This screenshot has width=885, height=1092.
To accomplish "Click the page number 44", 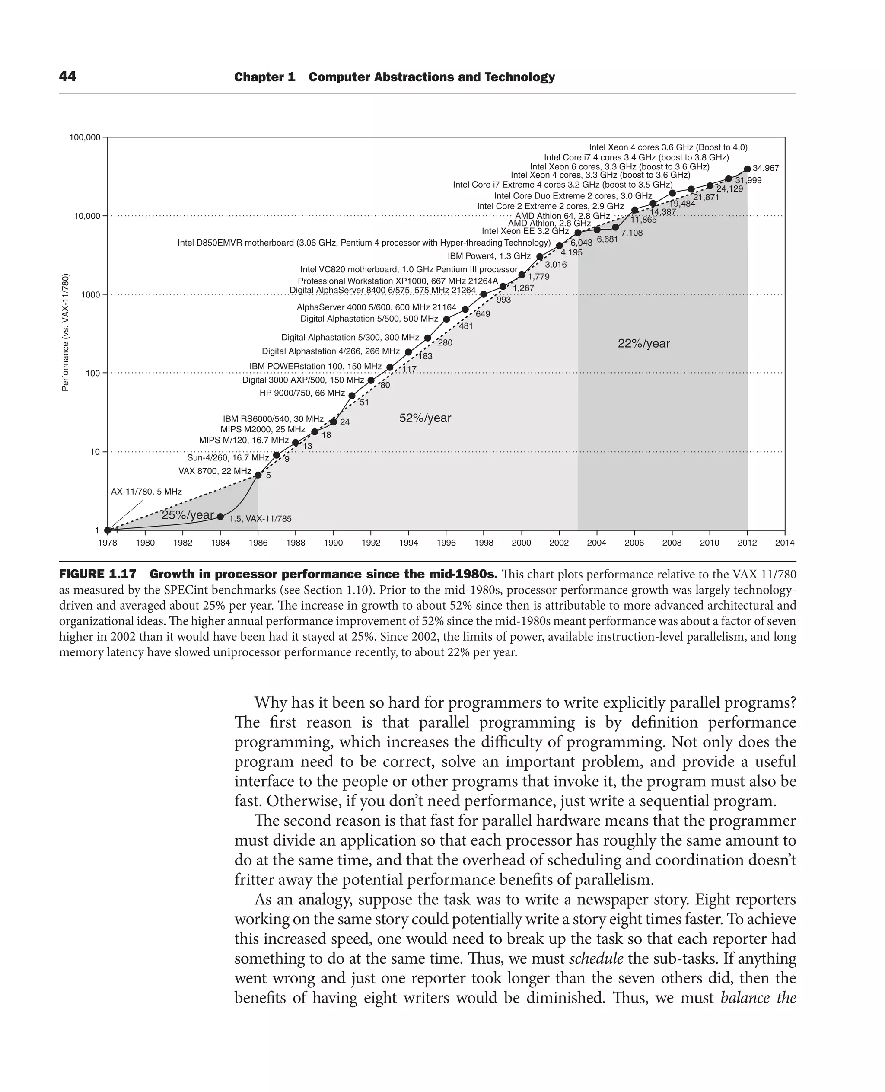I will tap(68, 77).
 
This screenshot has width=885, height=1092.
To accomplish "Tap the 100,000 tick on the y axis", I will tap(85, 138).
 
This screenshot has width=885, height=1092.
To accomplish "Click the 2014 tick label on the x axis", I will tap(785, 543).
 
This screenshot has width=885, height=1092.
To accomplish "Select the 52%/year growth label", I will tap(425, 418).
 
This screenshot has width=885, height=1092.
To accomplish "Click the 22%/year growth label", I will tap(643, 343).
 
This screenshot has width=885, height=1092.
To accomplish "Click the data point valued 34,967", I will tap(747, 169).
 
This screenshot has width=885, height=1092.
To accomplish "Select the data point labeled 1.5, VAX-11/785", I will tap(220, 517).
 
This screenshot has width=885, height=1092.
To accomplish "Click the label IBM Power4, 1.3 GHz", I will tap(489, 256).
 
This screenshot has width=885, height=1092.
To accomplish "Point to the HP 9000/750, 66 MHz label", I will tap(302, 393).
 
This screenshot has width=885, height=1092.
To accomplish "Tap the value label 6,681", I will tap(607, 239).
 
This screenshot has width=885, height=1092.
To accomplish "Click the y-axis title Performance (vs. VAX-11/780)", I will tap(65, 332).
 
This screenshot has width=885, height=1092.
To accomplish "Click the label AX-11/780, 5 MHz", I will tap(146, 492).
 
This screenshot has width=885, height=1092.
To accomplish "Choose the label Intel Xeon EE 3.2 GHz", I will tap(525, 231).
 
